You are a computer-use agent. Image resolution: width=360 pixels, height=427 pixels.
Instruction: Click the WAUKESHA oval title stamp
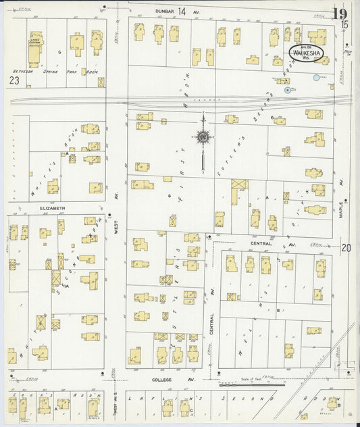pyautogui.click(x=307, y=52)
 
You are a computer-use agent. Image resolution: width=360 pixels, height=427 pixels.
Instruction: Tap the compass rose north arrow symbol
pyautogui.click(x=202, y=137)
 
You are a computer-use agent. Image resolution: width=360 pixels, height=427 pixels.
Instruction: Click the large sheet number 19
pyautogui.click(x=340, y=14)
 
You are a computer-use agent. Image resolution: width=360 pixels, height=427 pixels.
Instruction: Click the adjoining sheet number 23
pyautogui.click(x=14, y=80)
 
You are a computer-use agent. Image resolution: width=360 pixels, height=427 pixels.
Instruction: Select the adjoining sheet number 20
pyautogui.click(x=346, y=248)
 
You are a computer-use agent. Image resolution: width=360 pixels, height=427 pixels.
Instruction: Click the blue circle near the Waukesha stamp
pyautogui.click(x=316, y=78)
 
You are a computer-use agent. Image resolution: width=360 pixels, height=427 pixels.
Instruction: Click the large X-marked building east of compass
pyautogui.click(x=239, y=184)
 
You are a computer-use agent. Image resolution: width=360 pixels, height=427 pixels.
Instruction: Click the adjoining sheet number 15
pyautogui.click(x=345, y=24)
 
